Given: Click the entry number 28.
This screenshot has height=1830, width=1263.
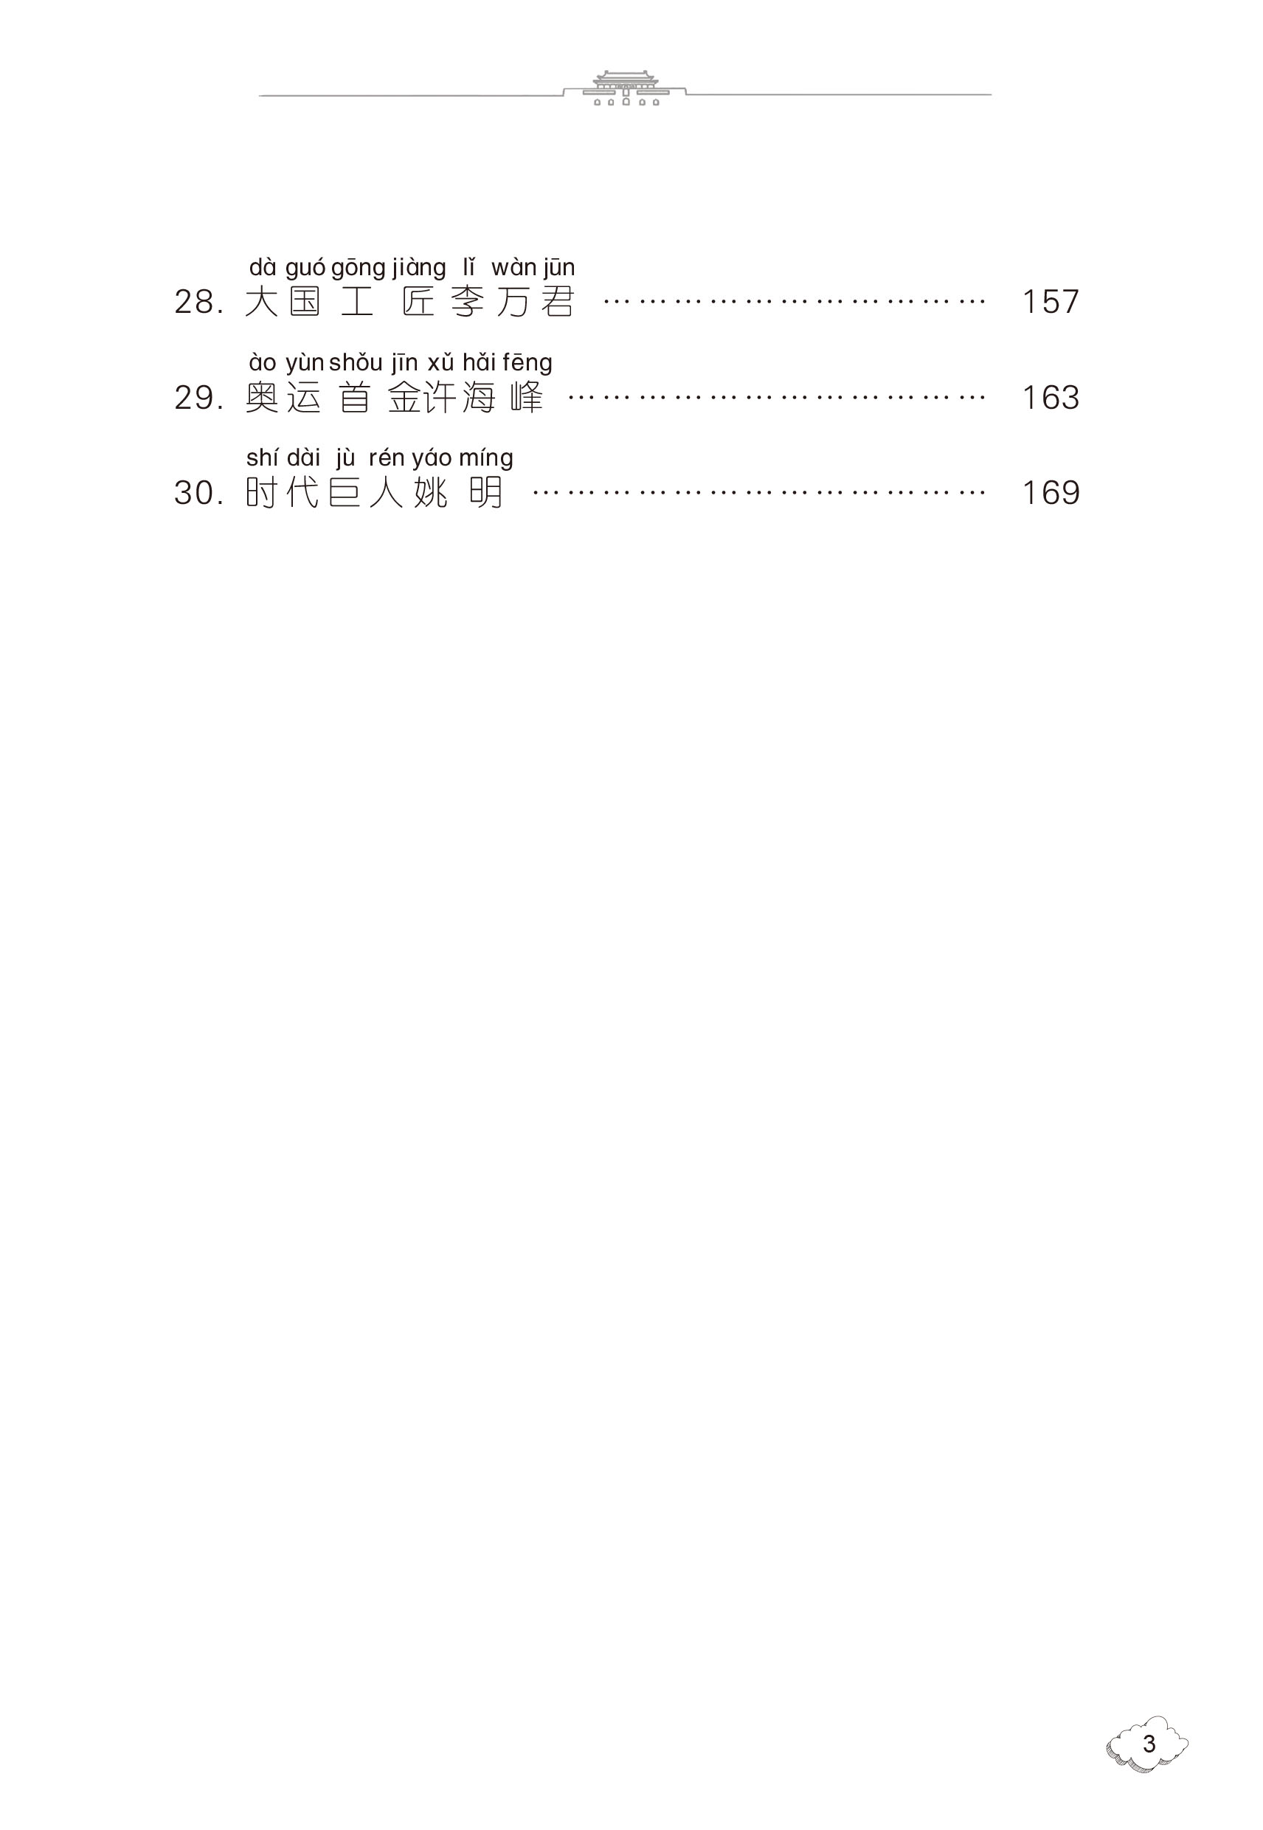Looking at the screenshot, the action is click(198, 303).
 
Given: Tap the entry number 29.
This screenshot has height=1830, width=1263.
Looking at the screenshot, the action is click(198, 398).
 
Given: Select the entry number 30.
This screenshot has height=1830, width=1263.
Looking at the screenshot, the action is click(198, 494).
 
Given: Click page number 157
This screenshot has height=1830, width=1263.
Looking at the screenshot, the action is click(1050, 303).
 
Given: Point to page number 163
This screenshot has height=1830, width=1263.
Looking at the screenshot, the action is click(1050, 398).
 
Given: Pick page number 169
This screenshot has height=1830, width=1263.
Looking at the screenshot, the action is click(1050, 494).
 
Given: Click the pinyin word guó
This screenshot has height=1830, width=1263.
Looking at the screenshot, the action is click(305, 269).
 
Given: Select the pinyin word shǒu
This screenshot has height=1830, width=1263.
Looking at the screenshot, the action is click(356, 363).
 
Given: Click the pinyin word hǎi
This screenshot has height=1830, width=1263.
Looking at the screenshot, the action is click(479, 363).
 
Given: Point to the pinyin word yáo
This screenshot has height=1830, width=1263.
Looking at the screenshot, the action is click(432, 459).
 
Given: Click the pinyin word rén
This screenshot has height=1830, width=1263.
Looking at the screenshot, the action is click(387, 459).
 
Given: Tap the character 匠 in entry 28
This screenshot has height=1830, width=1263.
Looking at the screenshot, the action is click(418, 303).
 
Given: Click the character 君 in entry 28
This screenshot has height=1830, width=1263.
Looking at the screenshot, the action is click(558, 303).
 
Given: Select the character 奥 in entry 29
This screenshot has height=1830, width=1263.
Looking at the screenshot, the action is click(262, 398).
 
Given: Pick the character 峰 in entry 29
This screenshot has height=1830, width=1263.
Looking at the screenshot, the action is click(527, 398).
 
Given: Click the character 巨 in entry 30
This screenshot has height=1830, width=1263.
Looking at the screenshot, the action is click(345, 494).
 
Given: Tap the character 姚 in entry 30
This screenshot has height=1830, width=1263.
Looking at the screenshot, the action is click(429, 494).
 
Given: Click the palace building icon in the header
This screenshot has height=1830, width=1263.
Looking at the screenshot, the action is click(625, 88).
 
